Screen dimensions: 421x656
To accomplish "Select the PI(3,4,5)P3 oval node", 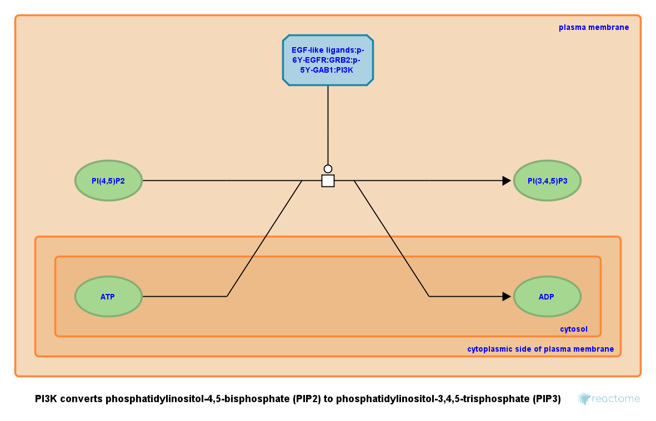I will (547, 180).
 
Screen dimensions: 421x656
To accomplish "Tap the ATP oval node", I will (109, 296).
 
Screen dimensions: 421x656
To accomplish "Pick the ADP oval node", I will (547, 296).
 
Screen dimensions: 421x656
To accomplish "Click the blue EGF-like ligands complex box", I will (328, 60).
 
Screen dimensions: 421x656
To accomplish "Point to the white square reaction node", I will (328, 181).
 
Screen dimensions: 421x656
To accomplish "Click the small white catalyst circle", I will (328, 169).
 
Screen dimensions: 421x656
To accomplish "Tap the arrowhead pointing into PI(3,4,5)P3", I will (506, 181).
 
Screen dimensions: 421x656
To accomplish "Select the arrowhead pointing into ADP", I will (506, 296).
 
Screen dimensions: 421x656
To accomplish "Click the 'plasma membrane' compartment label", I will (594, 27).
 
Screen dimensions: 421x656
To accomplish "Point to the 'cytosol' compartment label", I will (573, 329).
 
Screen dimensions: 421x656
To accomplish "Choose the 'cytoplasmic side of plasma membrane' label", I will (540, 349).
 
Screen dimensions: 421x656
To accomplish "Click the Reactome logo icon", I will (583, 398).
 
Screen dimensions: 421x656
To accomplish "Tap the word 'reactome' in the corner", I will (616, 399).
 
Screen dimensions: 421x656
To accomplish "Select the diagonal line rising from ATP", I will (264, 239).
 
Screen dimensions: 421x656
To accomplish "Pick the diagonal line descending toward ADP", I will (392, 239).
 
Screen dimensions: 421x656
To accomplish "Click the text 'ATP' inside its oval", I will (108, 297).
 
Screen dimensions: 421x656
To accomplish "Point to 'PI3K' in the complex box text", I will (343, 70).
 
